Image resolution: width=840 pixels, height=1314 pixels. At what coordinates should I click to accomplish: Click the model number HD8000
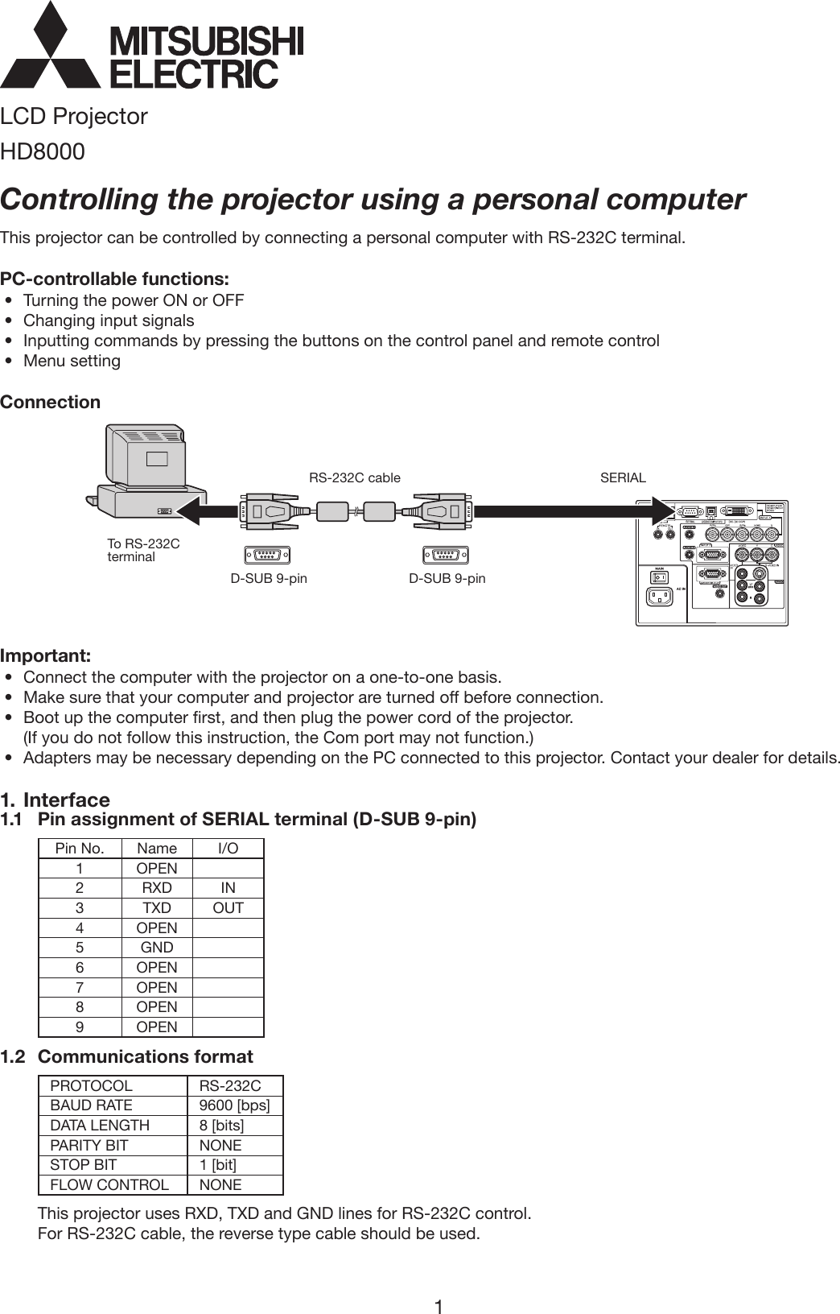click(42, 151)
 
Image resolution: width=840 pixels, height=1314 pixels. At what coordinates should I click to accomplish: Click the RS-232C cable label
click(354, 477)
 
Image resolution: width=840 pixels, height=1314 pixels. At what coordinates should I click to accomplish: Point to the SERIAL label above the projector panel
click(623, 477)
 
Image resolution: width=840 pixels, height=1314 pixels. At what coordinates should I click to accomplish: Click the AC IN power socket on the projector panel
click(661, 596)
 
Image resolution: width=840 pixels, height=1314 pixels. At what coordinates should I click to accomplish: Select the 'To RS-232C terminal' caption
click(142, 551)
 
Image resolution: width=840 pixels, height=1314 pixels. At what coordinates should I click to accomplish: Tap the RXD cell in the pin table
click(157, 888)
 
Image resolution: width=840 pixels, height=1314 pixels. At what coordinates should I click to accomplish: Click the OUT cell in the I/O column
click(228, 908)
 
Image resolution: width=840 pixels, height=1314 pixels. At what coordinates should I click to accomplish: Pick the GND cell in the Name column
click(157, 948)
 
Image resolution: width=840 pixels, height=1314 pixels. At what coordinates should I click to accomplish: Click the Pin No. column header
click(79, 849)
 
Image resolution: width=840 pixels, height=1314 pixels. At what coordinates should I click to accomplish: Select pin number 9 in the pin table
click(79, 1027)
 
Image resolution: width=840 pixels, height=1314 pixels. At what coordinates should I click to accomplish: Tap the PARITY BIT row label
click(89, 1145)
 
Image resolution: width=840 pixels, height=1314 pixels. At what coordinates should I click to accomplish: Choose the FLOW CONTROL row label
click(109, 1185)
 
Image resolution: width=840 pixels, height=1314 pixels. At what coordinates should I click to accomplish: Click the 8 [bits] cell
click(221, 1125)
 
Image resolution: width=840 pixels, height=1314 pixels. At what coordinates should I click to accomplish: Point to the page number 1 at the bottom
click(439, 1284)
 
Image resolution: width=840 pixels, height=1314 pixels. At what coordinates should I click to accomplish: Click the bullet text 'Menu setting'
click(72, 361)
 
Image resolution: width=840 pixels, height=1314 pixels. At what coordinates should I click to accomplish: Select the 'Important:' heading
click(45, 653)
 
